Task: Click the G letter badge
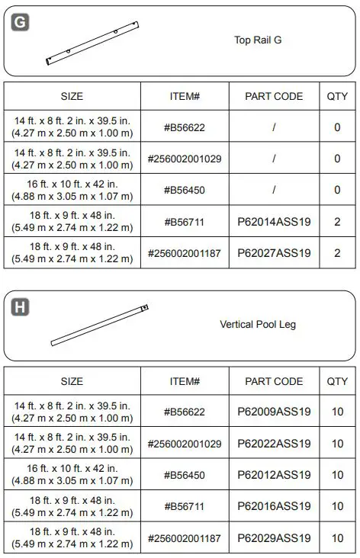coord(21,22)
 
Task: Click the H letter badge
coord(21,307)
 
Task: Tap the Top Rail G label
coord(258,40)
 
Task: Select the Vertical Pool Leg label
coord(258,324)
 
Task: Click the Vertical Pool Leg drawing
coord(99,325)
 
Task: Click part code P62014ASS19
coord(274,221)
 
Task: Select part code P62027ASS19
coord(274,252)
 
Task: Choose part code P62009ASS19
coord(274,412)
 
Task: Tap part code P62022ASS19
coord(274,444)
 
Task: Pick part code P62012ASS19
coord(274,475)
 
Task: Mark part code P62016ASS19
coord(274,506)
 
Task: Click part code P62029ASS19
coord(274,538)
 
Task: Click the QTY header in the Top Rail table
coord(337,96)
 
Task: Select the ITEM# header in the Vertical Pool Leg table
coord(185,381)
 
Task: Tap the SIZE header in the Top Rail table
coord(72,96)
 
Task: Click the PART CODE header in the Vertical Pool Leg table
coord(274,381)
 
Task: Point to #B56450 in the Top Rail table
coord(185,190)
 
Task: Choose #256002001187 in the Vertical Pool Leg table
coord(185,538)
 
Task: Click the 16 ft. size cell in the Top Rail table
coord(72,190)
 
